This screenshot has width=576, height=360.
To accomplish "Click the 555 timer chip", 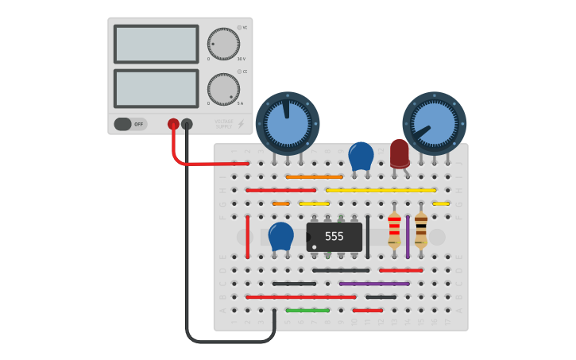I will [x=334, y=237].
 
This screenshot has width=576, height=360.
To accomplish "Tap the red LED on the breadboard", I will [x=399, y=153].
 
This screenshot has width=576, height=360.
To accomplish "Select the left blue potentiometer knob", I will [x=287, y=123].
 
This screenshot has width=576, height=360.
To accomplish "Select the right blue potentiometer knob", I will [x=434, y=123].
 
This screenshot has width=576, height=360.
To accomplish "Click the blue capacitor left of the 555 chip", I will [x=280, y=236].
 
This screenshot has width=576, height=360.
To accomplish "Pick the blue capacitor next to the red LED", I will [x=361, y=156].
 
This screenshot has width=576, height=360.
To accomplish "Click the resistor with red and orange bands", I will [x=394, y=230].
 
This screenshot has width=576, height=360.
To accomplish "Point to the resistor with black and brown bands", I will [x=421, y=230].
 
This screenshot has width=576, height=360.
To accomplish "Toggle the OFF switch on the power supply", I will [x=130, y=124].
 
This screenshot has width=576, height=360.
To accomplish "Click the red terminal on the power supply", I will [x=173, y=124].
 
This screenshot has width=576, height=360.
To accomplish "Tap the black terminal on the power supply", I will [x=187, y=124].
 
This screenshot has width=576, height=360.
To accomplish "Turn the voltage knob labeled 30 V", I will [x=223, y=44].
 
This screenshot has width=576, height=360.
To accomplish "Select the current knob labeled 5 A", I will [x=223, y=89].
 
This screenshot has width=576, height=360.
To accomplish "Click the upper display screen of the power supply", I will [x=156, y=44].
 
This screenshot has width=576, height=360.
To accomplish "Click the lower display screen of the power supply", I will [x=156, y=88].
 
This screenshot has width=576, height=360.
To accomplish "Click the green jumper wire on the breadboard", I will [x=307, y=310].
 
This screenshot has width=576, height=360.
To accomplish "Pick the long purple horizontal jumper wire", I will [x=374, y=283].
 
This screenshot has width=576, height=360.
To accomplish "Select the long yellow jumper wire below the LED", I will [x=381, y=190].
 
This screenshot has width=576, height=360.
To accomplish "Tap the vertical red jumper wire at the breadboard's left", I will [x=247, y=236].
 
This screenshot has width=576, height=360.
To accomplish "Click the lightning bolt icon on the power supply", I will [x=242, y=124].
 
